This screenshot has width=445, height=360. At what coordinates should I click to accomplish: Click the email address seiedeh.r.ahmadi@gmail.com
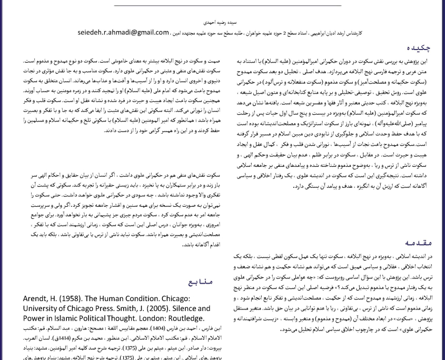[123, 32]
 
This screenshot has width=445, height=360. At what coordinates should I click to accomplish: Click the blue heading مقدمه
[419, 243]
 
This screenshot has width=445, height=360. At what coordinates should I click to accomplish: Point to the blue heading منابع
[201, 282]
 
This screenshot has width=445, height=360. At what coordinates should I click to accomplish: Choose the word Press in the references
[111, 308]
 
